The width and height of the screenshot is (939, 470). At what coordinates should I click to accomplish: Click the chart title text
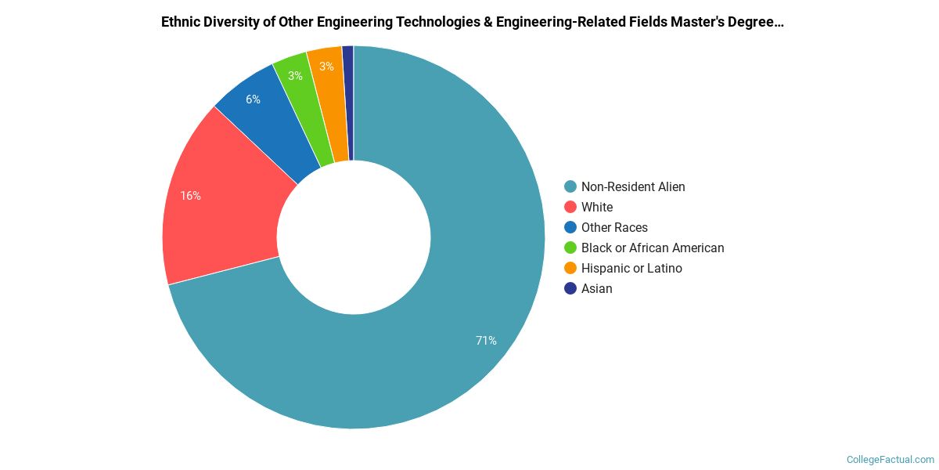point(472,22)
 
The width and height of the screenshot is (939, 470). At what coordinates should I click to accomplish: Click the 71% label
point(486,341)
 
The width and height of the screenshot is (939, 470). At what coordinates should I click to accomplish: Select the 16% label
point(190,196)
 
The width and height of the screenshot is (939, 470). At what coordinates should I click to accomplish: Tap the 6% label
point(253,99)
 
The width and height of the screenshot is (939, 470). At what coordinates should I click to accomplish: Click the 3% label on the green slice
point(295,76)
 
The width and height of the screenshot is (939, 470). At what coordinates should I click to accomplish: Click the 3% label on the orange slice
point(326,67)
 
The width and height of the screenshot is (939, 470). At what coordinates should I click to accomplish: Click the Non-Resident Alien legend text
point(633,186)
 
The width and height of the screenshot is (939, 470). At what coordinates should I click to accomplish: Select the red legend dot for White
point(570,207)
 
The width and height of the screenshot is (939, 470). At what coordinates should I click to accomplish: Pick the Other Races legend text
point(614,227)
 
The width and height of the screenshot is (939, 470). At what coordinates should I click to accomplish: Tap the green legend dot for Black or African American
point(570,248)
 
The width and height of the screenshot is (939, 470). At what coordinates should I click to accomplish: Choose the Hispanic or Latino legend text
point(631,268)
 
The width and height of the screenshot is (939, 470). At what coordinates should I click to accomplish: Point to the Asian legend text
point(597,288)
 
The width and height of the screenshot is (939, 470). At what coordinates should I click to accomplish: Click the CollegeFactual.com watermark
point(890,460)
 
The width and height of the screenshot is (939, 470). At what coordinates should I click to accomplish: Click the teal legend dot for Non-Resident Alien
point(570,186)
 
